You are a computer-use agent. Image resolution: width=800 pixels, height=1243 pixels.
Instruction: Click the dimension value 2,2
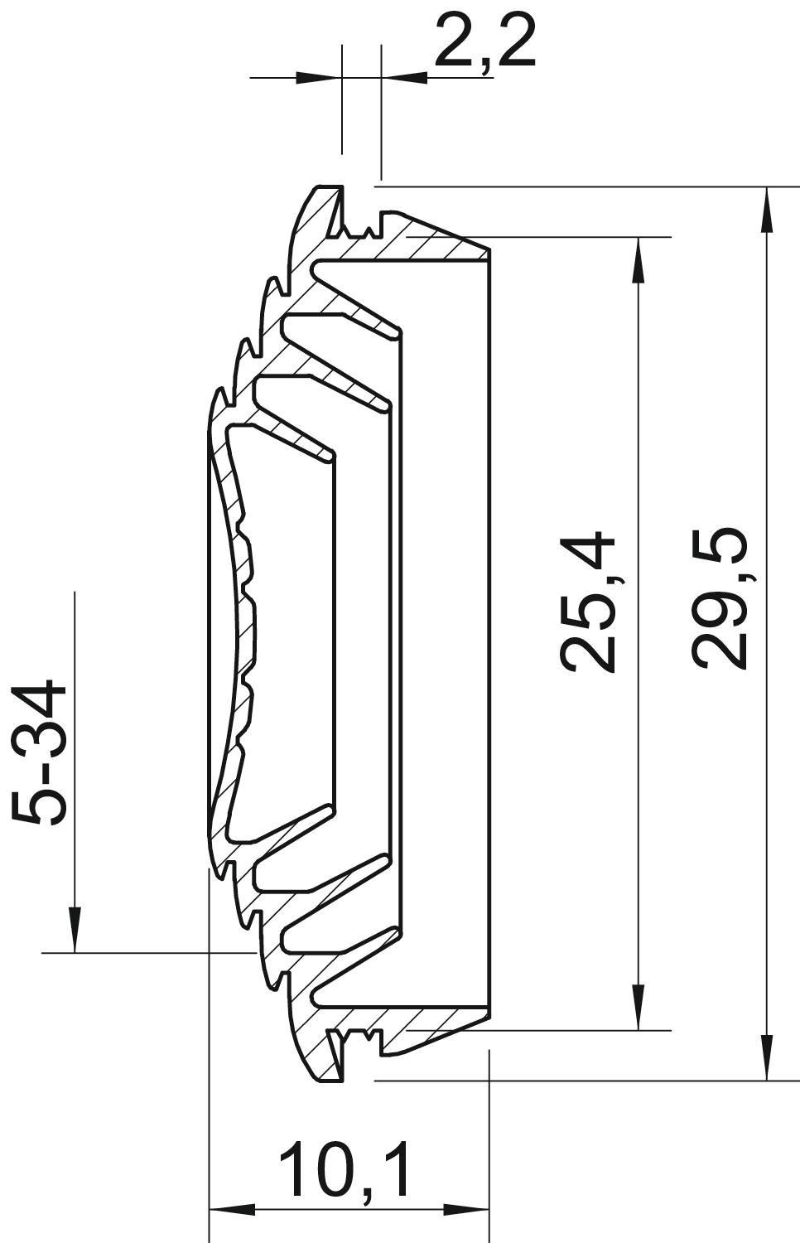point(485,41)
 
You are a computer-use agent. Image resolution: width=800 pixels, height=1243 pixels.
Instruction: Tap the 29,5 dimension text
point(720,597)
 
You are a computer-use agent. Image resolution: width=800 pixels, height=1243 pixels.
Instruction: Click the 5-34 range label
point(39,752)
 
